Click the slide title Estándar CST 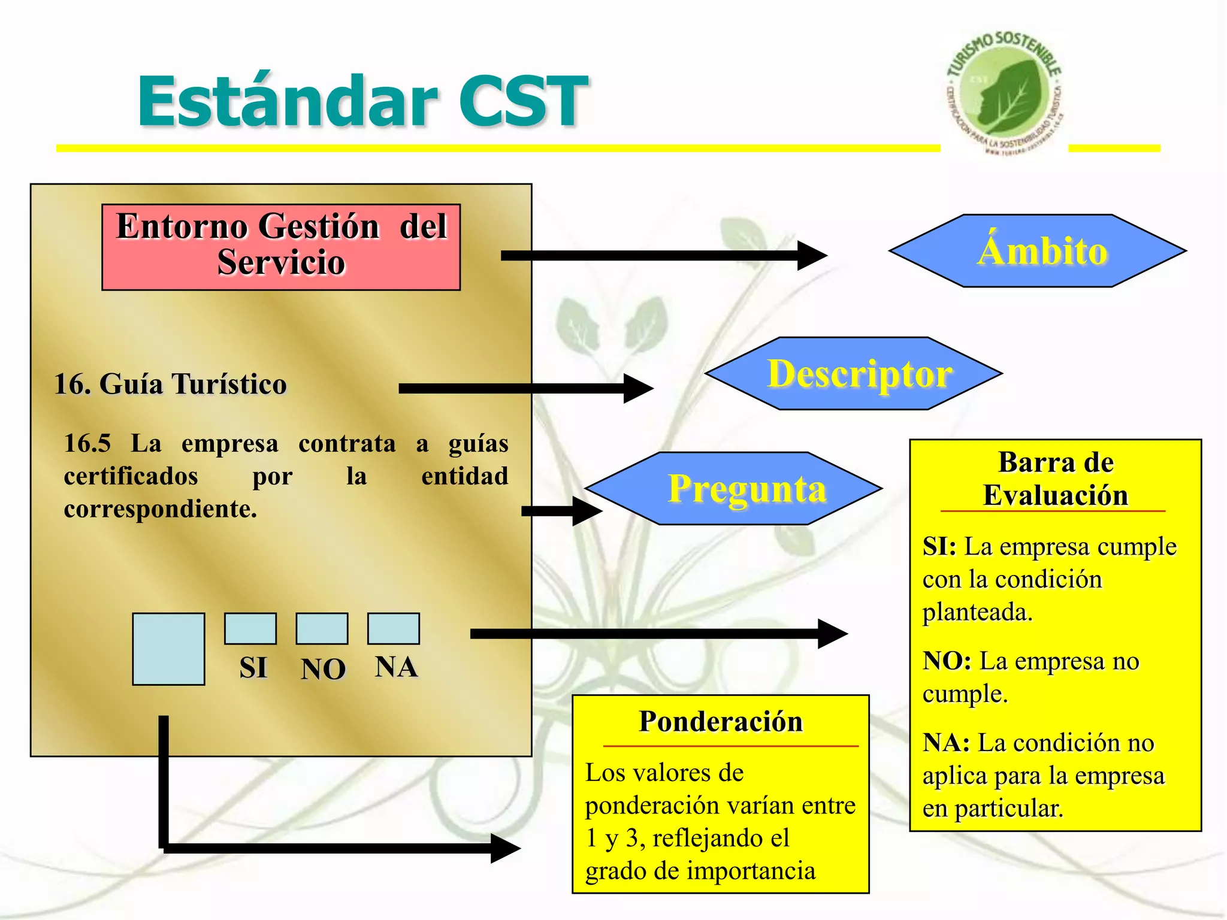pyautogui.click(x=362, y=102)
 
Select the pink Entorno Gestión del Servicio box pyautogui.click(x=281, y=247)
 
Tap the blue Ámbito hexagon pyautogui.click(x=1038, y=251)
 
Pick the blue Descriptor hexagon pyautogui.click(x=854, y=374)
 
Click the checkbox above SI pyautogui.click(x=250, y=628)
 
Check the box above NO pyautogui.click(x=322, y=628)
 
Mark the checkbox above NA pyautogui.click(x=393, y=628)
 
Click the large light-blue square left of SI pyautogui.click(x=168, y=649)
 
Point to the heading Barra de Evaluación pyautogui.click(x=1055, y=479)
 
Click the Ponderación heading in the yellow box pyautogui.click(x=721, y=721)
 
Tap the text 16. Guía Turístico pyautogui.click(x=171, y=384)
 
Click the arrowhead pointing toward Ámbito pyautogui.click(x=812, y=256)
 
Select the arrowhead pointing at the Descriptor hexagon pyautogui.click(x=639, y=389)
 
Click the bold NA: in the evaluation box pyautogui.click(x=946, y=743)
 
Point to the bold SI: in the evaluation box pyautogui.click(x=939, y=546)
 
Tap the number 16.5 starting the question pyautogui.click(x=87, y=444)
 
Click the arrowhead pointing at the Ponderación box pyautogui.click(x=505, y=848)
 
